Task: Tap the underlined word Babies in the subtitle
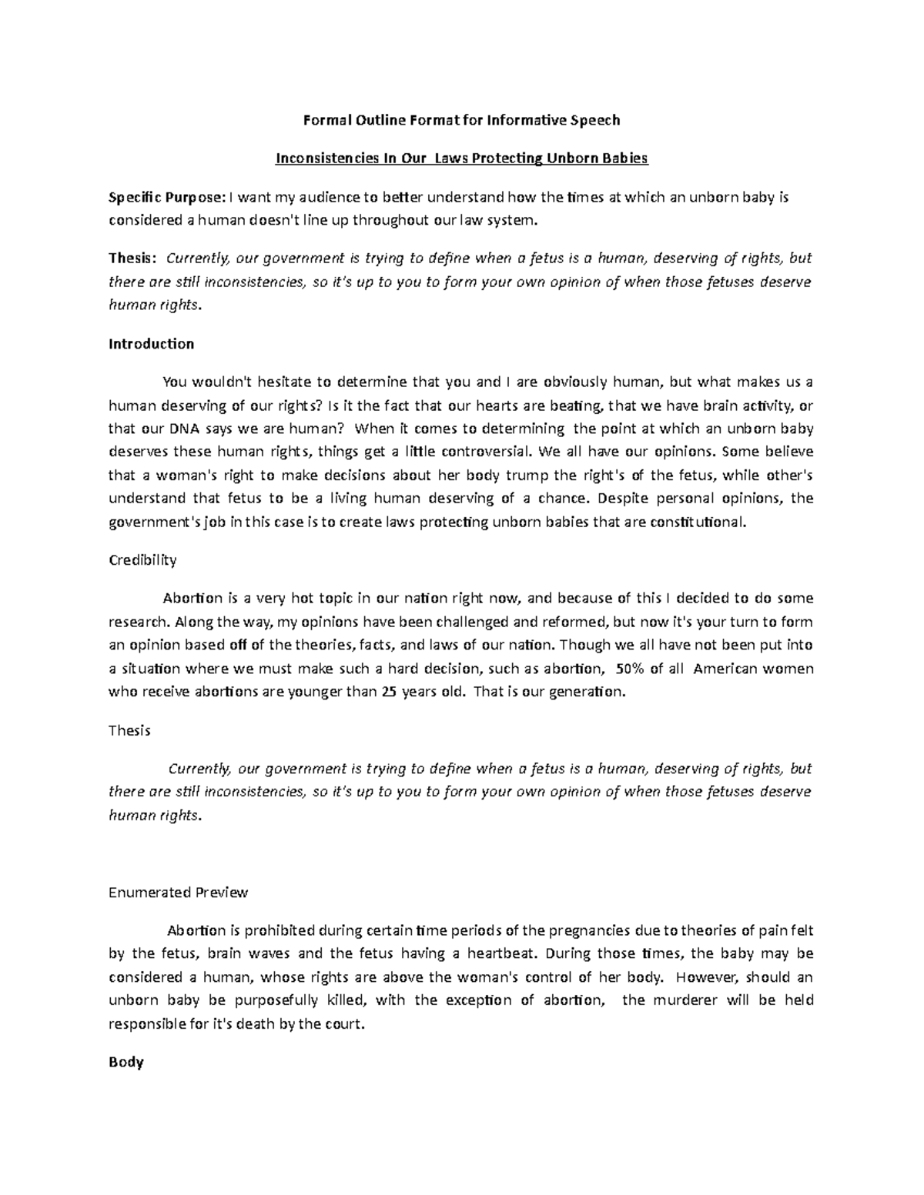[622, 159]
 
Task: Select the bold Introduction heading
[151, 344]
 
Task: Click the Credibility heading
[142, 560]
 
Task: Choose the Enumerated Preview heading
[179, 893]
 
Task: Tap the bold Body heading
[126, 1063]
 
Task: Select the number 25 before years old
[390, 691]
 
